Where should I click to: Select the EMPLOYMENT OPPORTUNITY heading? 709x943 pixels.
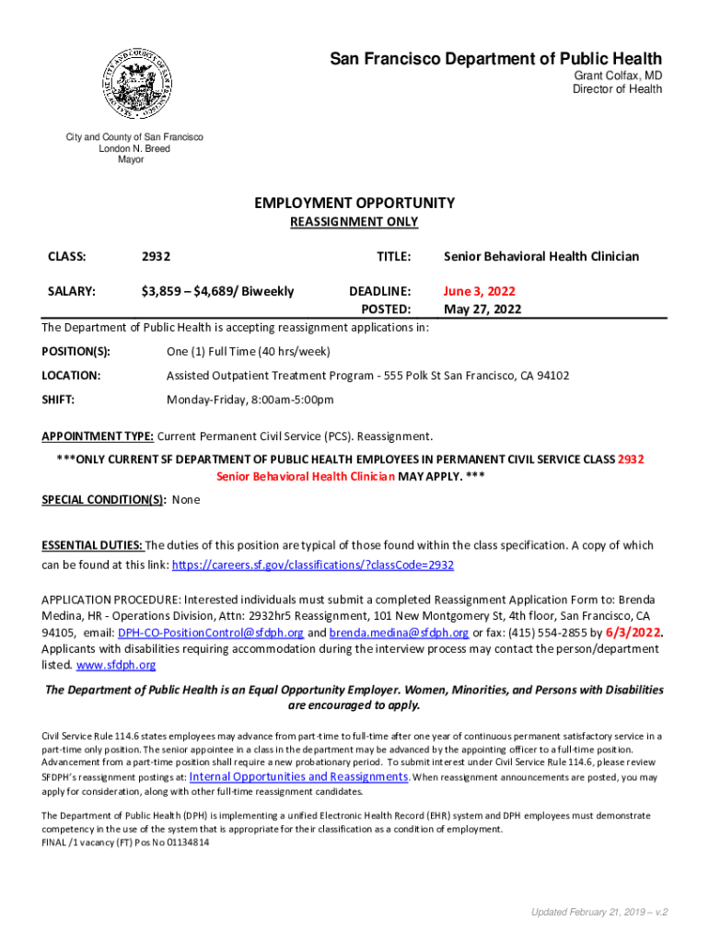tap(354, 203)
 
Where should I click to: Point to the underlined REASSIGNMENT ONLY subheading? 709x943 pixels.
tap(354, 222)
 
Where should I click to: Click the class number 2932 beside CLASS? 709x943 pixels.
tap(156, 257)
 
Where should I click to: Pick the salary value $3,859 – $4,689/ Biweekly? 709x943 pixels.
tap(217, 292)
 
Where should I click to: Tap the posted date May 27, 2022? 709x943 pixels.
tap(482, 309)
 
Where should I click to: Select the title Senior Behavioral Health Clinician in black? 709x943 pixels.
tap(541, 257)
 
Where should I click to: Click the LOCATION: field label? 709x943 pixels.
tap(72, 376)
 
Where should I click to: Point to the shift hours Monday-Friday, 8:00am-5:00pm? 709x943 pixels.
tap(250, 400)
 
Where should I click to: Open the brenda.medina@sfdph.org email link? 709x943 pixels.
tap(400, 633)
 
